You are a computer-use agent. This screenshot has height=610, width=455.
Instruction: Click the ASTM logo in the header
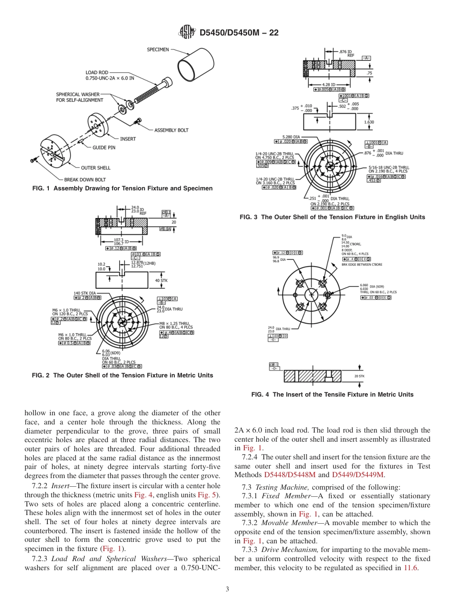[187, 33]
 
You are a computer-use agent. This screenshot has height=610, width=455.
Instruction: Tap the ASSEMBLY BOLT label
[171, 130]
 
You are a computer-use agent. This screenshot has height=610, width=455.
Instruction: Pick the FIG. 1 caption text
[122, 188]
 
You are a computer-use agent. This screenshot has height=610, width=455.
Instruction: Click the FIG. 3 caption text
[332, 217]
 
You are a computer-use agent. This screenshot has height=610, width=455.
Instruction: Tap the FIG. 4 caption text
[332, 395]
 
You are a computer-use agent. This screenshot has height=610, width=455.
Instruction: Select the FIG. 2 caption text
[122, 375]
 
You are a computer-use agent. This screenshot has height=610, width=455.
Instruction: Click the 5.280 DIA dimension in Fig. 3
[291, 137]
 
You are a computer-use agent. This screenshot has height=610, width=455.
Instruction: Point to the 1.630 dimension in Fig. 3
[369, 122]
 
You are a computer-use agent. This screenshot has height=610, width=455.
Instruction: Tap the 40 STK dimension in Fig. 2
[161, 280]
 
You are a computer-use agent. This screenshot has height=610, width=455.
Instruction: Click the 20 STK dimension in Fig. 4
[359, 376]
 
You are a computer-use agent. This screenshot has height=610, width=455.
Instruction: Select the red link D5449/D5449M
[358, 475]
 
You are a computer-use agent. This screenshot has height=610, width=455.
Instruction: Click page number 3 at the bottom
[227, 589]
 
